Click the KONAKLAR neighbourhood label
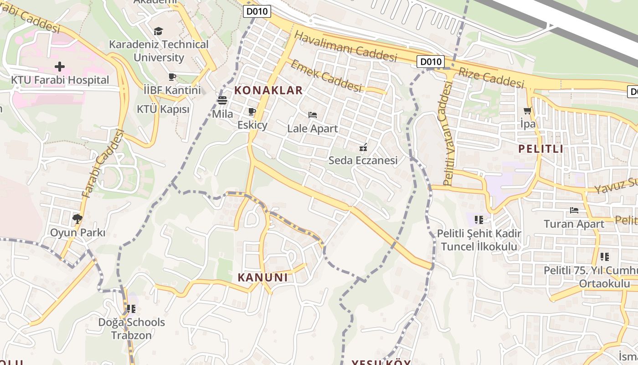pos(268,90)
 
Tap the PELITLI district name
pos(541,149)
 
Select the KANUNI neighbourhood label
pos(263,277)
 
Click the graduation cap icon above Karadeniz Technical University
pos(158,31)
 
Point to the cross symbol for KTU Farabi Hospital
pos(60,67)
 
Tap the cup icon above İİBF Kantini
pos(172,77)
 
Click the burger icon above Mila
pos(222,100)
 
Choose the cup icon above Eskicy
pos(252,111)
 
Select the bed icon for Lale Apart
pos(313,115)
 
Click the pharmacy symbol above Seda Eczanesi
pos(363,147)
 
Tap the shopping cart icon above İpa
pos(528,110)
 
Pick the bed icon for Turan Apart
pos(574,210)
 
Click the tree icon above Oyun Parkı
pos(77,219)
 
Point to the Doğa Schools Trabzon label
pos(132,328)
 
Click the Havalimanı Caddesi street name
pos(346,46)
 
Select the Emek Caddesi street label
pos(326,75)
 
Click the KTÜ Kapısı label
pos(163,109)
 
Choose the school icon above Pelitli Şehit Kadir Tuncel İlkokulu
pos(478,220)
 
